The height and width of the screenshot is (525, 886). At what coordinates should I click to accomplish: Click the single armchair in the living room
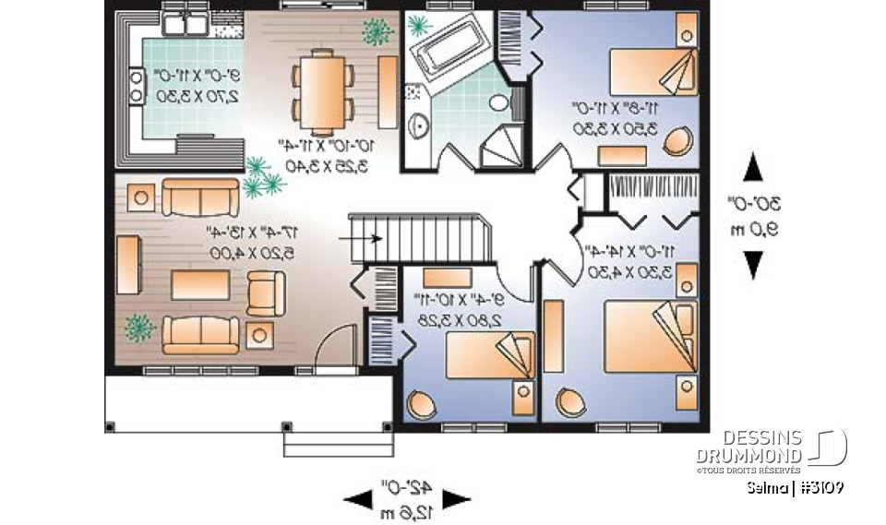coord(266,292)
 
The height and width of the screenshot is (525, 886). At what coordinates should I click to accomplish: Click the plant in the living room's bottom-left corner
coord(140,328)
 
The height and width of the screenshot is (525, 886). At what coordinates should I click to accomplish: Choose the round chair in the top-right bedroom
coord(678,139)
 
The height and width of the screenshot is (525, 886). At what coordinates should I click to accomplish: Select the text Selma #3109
coord(796,487)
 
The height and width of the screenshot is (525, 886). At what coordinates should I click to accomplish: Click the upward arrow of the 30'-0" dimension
coord(754,168)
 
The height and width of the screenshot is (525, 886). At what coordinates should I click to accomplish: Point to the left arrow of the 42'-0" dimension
coord(356,499)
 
